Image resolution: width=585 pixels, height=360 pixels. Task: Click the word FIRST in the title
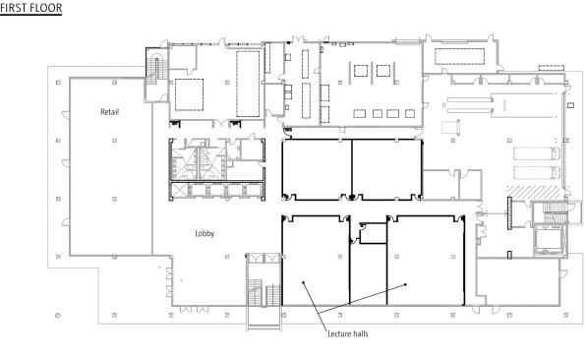click(14, 8)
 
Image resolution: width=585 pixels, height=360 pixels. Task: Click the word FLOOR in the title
click(46, 8)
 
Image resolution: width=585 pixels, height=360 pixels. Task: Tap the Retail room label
click(110, 112)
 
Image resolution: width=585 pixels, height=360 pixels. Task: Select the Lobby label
click(205, 233)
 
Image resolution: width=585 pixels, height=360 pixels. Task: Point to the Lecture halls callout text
click(348, 333)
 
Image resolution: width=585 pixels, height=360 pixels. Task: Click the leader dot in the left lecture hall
click(304, 282)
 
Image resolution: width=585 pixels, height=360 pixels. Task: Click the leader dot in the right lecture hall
click(405, 284)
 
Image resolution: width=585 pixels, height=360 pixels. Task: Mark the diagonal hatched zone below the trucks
click(534, 192)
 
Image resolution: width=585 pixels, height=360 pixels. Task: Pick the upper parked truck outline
click(537, 153)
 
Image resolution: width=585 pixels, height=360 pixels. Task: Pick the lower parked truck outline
click(537, 173)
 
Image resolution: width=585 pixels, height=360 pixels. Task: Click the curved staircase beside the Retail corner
click(156, 69)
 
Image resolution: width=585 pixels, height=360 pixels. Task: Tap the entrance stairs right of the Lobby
click(263, 292)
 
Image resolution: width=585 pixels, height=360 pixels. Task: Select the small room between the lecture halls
click(373, 233)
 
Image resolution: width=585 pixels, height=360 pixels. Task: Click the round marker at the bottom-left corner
click(57, 316)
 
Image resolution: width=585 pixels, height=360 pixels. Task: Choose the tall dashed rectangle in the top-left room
click(248, 84)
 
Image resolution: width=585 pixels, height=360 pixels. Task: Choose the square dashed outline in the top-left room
click(189, 94)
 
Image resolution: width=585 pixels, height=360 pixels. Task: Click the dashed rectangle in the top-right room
click(460, 56)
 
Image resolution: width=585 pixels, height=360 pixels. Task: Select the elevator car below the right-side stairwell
click(549, 239)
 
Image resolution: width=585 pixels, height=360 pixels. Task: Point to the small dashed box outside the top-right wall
click(551, 68)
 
